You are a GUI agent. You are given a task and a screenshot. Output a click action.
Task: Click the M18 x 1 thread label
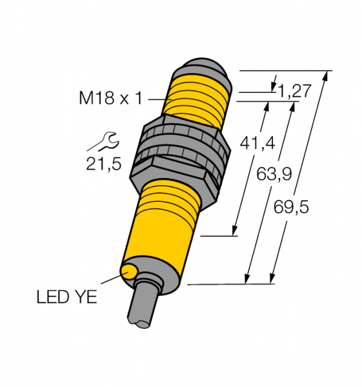tap(110, 98)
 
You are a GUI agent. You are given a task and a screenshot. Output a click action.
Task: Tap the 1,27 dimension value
tap(294, 91)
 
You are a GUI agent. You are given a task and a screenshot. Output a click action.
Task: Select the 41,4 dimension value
tap(257, 143)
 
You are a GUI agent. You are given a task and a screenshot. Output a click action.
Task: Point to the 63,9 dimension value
tap(274, 174)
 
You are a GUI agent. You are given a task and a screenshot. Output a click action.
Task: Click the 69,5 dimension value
tap(291, 206)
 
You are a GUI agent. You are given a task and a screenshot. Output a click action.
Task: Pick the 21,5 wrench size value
tap(104, 163)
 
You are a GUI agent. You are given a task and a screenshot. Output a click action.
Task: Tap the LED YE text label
tap(67, 297)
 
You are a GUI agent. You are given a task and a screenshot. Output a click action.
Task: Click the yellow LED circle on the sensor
tap(130, 272)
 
